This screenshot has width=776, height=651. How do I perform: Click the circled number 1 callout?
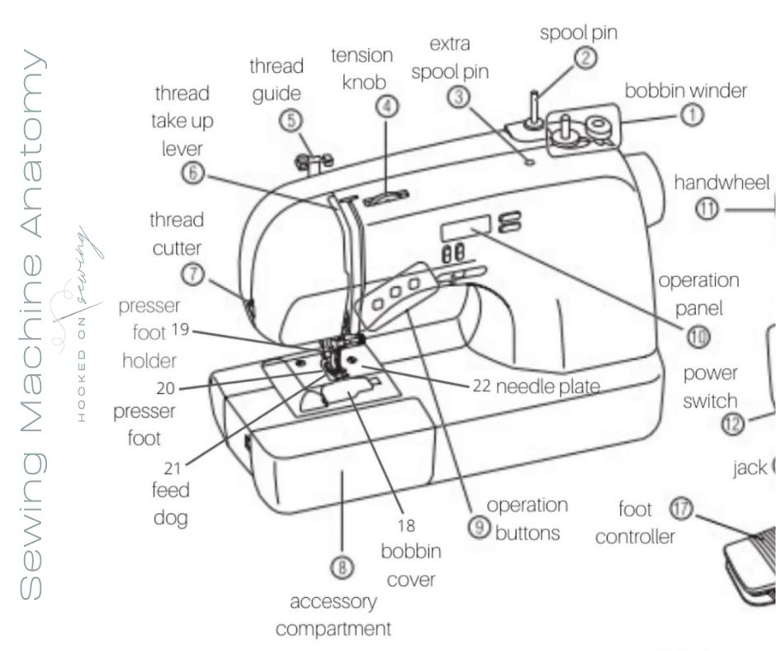pos(691,116)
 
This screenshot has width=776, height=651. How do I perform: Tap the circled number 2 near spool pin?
pos(585,58)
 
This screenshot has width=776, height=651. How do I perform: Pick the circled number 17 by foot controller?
pos(680,509)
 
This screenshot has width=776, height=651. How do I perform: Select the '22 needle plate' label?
pos(536,386)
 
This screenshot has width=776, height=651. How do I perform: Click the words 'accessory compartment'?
pos(334,615)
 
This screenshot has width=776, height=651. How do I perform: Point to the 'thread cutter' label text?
pos(177,233)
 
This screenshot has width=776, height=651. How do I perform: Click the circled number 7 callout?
pos(193,274)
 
